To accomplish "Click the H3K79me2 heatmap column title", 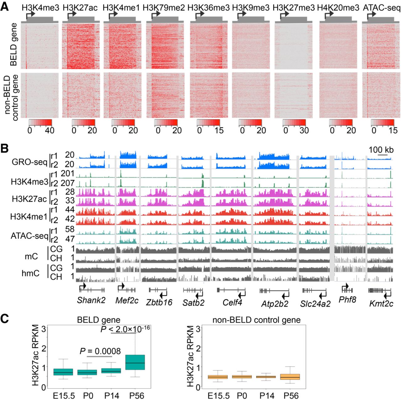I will tap(164, 8).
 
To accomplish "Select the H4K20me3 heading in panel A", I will tap(338, 8).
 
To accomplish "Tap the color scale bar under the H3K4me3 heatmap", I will tap(40, 122).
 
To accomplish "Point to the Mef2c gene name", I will tap(127, 300).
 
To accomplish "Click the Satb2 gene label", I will tap(194, 302).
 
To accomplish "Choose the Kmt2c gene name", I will tap(381, 303).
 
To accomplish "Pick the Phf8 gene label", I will tap(347, 300).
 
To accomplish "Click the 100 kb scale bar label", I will tap(381, 150).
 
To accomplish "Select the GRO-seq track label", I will tap(29, 162).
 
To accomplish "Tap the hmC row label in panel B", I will tap(30, 273).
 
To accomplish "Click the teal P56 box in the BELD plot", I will tap(135, 362).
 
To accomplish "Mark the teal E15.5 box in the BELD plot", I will tap(63, 372).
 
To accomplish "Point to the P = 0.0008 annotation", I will tap(100, 351).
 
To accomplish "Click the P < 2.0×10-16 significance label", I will tap(125, 329).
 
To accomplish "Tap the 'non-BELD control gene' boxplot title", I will tap(256, 320).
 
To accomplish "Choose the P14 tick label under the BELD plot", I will tap(112, 395).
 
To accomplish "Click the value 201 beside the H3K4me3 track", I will tap(67, 173).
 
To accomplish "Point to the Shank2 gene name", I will tap(91, 300).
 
